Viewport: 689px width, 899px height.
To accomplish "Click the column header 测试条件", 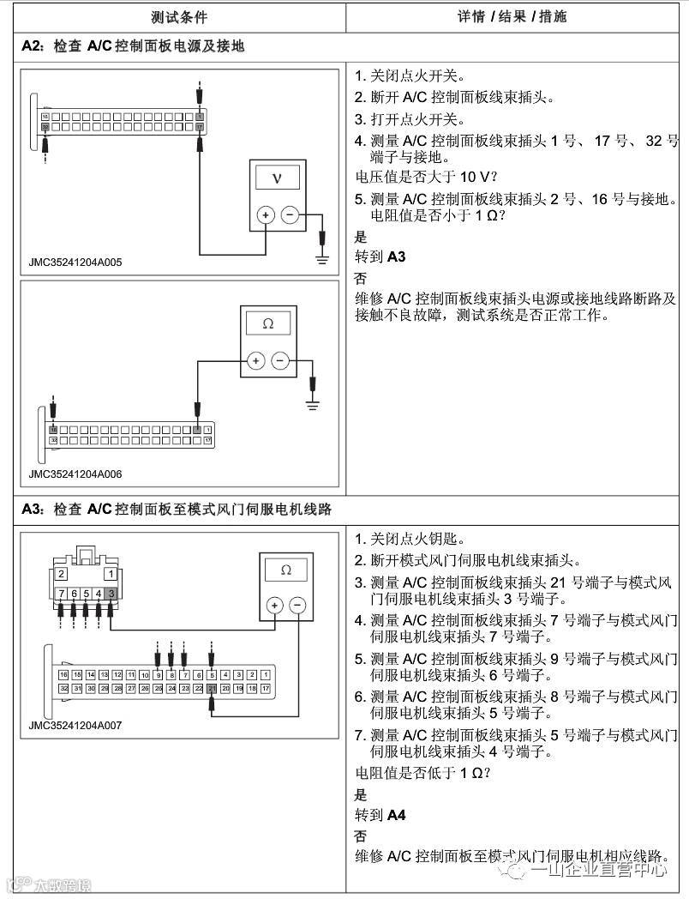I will [x=178, y=16].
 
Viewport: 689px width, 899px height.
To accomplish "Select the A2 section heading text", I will [x=133, y=46].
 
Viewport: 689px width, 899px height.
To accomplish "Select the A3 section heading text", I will [x=177, y=510].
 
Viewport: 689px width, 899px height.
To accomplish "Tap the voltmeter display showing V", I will [x=276, y=178].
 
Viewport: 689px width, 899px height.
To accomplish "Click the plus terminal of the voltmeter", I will [x=266, y=215].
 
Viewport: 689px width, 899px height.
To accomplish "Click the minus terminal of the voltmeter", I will [x=291, y=215].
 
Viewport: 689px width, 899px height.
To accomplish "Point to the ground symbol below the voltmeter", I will [x=322, y=257].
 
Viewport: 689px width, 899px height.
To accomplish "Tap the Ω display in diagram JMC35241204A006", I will [x=267, y=324].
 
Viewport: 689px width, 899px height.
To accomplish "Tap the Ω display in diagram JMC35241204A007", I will [x=285, y=570].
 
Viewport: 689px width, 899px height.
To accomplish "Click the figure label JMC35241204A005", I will [x=75, y=262].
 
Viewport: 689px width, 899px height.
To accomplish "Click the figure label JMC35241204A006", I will [x=75, y=473].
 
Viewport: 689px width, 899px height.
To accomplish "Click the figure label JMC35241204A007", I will [x=75, y=725].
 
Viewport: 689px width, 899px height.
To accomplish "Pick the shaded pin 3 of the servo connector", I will [x=111, y=594].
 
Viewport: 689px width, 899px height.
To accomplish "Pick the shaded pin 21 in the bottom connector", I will [x=211, y=688].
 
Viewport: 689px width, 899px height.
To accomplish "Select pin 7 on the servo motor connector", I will [x=62, y=594].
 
